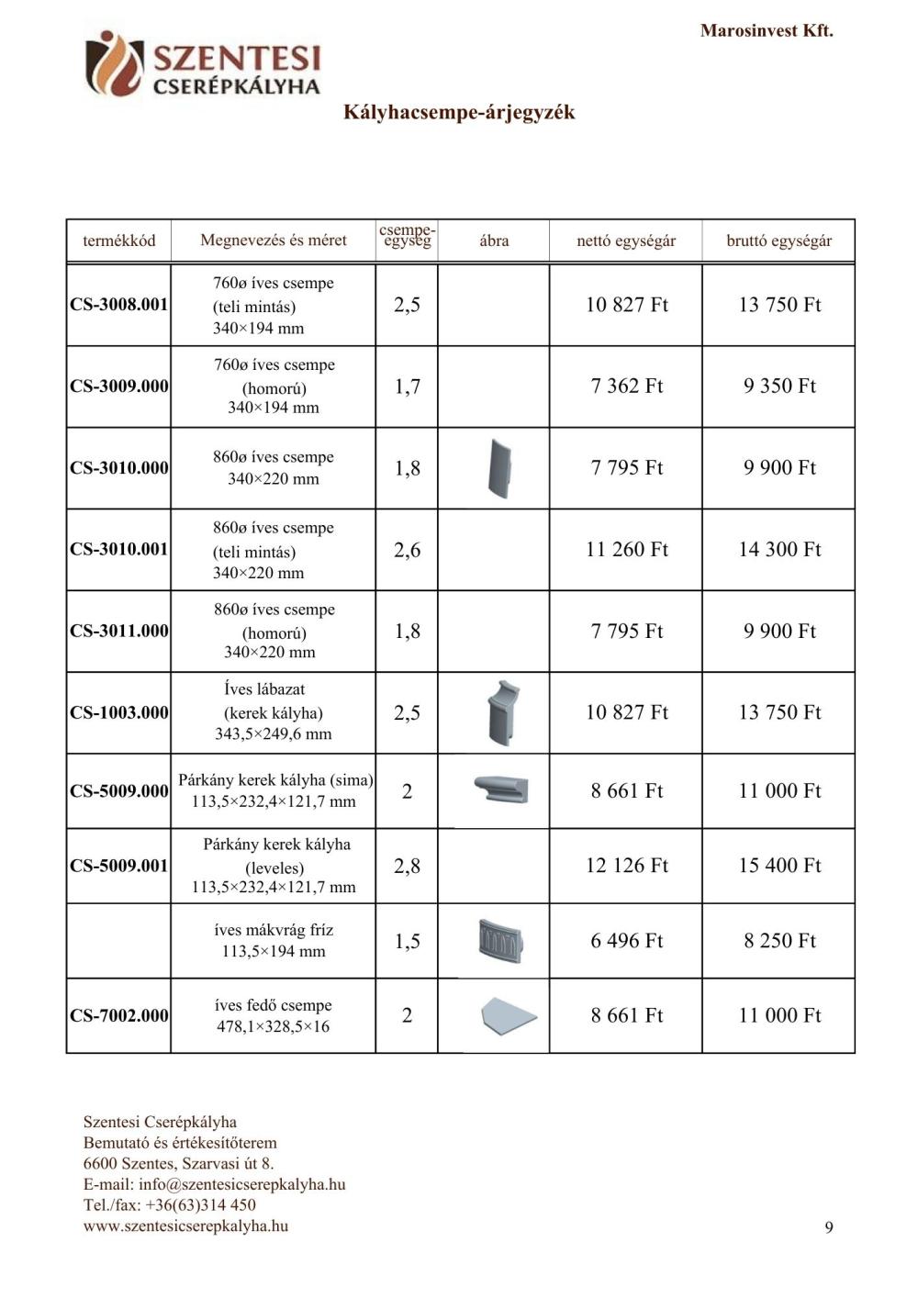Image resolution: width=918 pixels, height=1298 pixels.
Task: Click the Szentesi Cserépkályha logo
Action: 203,64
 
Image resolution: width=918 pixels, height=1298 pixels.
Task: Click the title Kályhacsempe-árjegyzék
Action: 459,112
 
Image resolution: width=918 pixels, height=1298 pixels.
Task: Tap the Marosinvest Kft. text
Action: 767,30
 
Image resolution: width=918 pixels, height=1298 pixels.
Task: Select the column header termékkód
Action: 119,241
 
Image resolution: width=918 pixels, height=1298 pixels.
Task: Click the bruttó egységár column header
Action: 778,241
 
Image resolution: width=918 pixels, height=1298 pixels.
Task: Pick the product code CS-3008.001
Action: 119,305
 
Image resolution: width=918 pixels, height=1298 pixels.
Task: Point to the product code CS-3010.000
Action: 119,468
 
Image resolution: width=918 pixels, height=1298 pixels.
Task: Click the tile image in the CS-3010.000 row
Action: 498,468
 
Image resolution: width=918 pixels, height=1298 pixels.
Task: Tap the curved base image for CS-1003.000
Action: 503,712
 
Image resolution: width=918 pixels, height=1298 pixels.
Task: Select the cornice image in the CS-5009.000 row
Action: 502,789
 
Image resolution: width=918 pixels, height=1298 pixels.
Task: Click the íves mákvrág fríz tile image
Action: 500,940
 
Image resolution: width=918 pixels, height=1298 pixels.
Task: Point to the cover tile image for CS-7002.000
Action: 508,1015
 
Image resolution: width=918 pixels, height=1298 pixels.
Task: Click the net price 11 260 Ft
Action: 627,550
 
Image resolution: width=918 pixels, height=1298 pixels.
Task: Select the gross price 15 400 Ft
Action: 779,866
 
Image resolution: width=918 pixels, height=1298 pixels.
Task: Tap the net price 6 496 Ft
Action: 627,941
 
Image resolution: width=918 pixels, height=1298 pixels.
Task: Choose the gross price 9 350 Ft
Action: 779,386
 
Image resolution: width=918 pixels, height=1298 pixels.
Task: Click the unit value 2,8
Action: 407,866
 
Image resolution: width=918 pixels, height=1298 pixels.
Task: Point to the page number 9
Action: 829,1228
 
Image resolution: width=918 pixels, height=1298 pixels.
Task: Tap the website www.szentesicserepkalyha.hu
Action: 185,1225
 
